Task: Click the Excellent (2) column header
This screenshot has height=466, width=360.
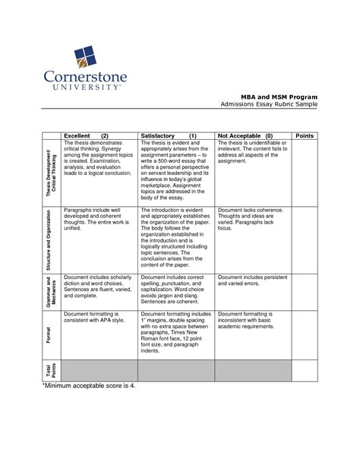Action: click(x=86, y=135)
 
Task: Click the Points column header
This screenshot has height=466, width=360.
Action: click(x=304, y=135)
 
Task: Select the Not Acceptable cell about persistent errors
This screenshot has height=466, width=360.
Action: click(x=251, y=281)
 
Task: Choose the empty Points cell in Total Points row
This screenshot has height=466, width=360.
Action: click(x=304, y=370)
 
